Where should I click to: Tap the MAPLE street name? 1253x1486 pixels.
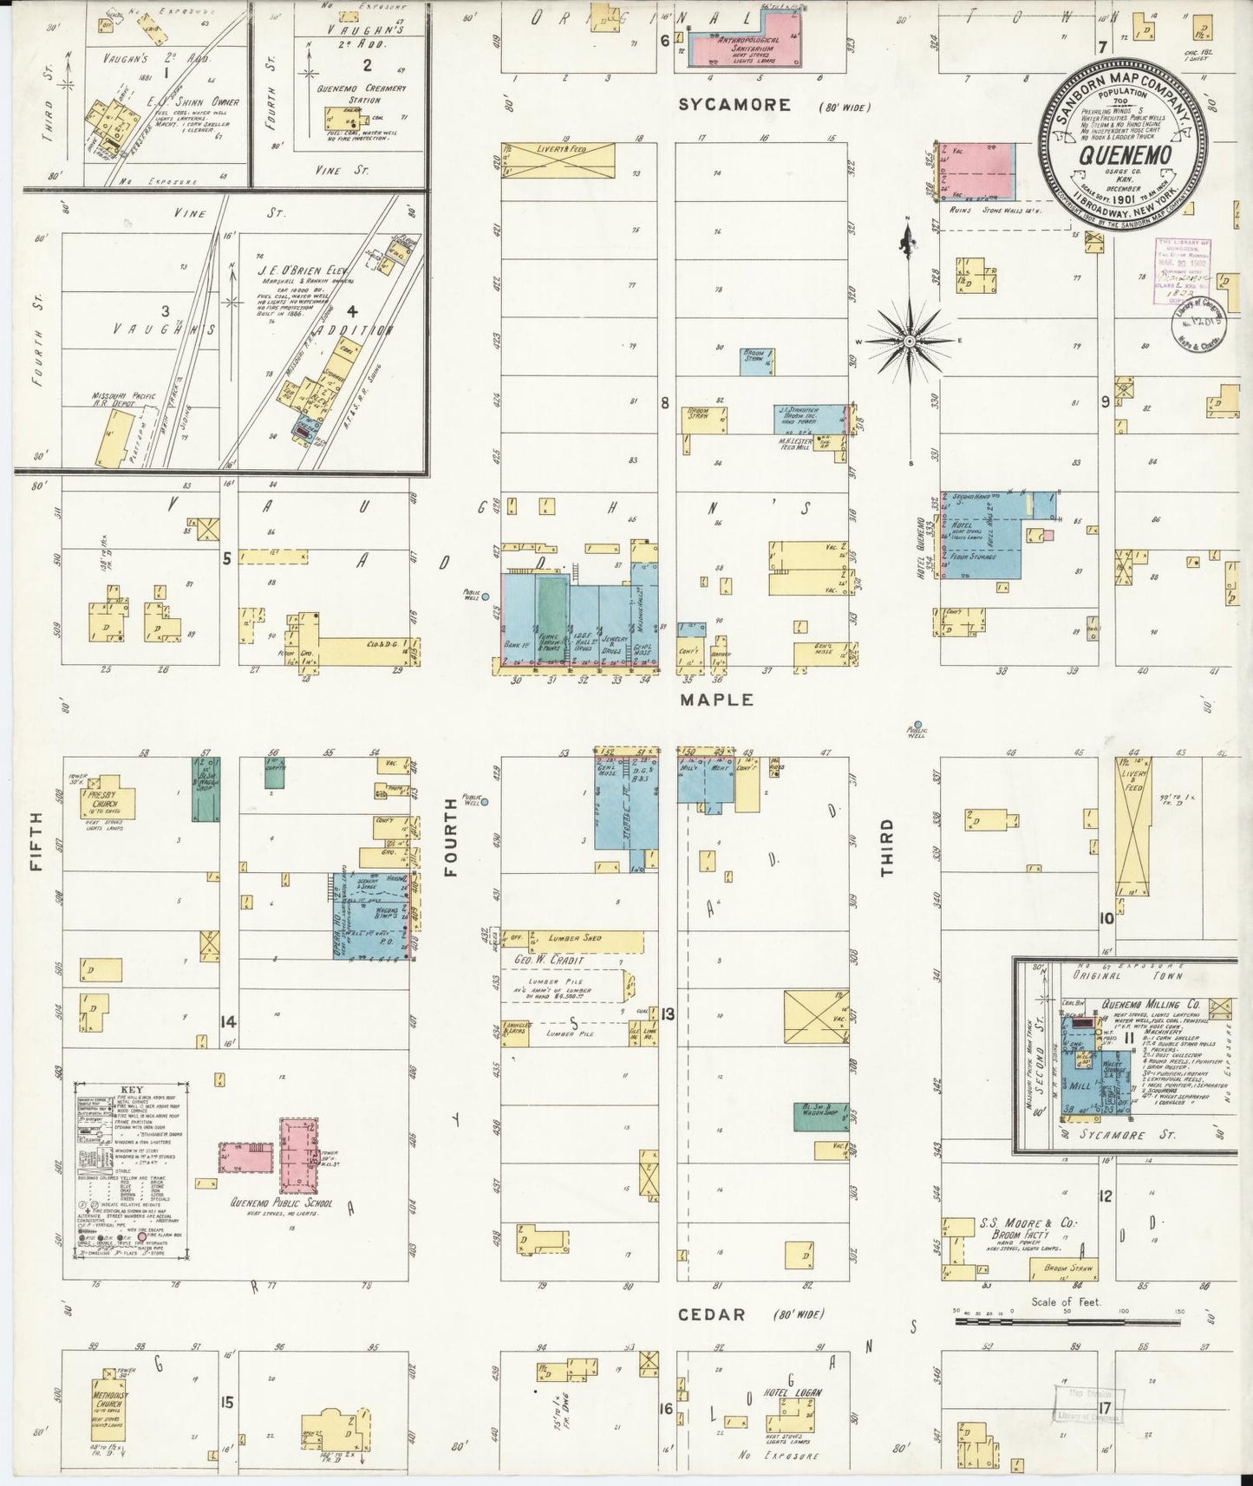[x=716, y=700]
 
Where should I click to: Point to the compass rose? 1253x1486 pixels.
[x=910, y=342]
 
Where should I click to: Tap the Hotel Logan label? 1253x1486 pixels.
[x=791, y=1392]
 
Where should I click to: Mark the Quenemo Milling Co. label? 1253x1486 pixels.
[x=1152, y=1004]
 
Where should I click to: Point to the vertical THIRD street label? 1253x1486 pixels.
[x=887, y=845]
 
